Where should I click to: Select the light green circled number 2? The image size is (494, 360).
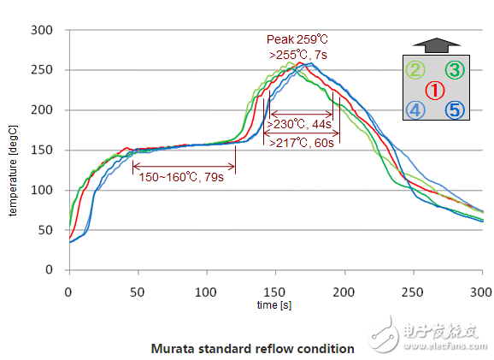point(414,70)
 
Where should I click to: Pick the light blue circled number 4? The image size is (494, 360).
point(414,110)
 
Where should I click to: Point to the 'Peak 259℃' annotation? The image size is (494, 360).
point(296,39)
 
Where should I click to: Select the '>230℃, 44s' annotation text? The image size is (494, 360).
point(300,124)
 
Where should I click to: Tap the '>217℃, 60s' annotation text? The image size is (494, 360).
point(300,143)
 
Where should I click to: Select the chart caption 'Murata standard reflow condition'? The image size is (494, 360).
point(252,348)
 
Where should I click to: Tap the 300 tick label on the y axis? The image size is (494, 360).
point(44,30)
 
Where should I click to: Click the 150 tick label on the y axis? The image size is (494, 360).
point(44,150)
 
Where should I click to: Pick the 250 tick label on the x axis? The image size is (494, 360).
point(413,292)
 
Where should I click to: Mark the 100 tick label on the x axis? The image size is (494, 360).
point(206,292)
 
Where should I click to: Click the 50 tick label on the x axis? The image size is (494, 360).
point(138,292)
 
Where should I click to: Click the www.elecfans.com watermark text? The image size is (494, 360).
point(444,340)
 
